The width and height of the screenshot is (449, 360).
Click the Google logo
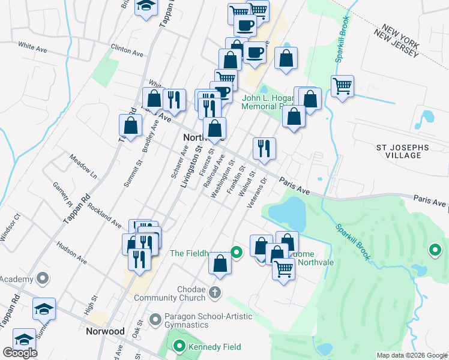(x=20, y=353)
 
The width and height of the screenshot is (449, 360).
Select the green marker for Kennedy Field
(x=179, y=346)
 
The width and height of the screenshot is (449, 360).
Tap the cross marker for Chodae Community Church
(x=215, y=293)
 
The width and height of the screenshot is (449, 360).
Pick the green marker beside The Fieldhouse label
(x=237, y=253)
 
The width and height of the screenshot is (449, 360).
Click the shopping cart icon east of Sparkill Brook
(x=342, y=86)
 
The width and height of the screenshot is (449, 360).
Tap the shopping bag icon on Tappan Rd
(x=130, y=126)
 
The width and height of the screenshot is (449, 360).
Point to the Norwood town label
(x=105, y=331)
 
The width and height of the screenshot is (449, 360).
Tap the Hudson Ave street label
(x=72, y=254)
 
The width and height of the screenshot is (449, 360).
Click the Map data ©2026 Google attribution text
(x=412, y=355)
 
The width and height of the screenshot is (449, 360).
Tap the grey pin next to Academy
(x=42, y=278)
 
